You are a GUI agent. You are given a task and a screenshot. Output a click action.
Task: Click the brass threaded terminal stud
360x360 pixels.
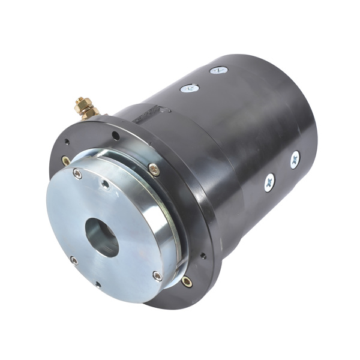[81, 103]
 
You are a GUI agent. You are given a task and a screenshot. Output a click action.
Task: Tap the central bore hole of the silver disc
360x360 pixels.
[103, 236]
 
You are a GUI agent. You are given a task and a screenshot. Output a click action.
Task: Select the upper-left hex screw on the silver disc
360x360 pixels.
[77, 174]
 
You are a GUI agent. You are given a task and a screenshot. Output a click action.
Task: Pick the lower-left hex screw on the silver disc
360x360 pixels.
[74, 260]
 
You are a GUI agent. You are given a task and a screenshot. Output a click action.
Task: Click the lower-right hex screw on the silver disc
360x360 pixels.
[157, 276]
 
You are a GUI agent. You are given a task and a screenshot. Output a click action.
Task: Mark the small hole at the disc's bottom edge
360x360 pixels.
[98, 284]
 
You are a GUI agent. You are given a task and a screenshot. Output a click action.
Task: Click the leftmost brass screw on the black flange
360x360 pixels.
[66, 161]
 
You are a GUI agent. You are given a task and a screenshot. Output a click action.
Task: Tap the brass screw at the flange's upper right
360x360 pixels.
[154, 170]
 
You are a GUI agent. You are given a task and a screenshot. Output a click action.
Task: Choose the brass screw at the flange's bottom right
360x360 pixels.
[187, 281]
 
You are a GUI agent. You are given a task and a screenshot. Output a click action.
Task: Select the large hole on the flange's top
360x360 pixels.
[116, 136]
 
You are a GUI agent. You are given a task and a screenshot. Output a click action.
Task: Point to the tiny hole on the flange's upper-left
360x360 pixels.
[67, 142]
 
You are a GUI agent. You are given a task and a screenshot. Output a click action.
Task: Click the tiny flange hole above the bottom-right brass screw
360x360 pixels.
[203, 256]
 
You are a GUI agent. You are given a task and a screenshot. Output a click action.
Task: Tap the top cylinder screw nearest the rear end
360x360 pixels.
[218, 70]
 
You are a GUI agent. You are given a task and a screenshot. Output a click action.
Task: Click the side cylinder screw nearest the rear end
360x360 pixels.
[295, 160]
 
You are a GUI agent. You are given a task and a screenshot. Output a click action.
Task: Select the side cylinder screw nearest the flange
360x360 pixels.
[269, 182]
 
